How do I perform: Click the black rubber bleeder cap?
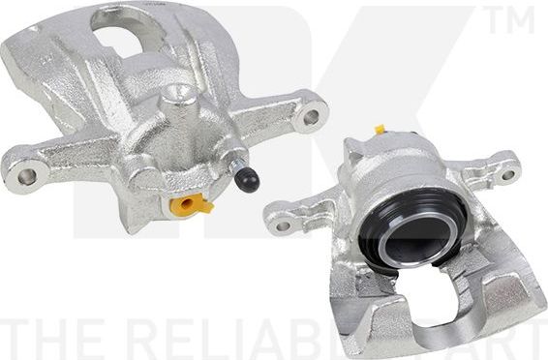click(x=249, y=179)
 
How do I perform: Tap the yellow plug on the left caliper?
click(x=189, y=204)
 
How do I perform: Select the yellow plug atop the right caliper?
click(x=381, y=129)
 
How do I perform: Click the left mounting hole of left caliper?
click(x=26, y=176)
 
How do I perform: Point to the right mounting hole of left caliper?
click(x=310, y=118)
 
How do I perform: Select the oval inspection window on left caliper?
click(x=119, y=40)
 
